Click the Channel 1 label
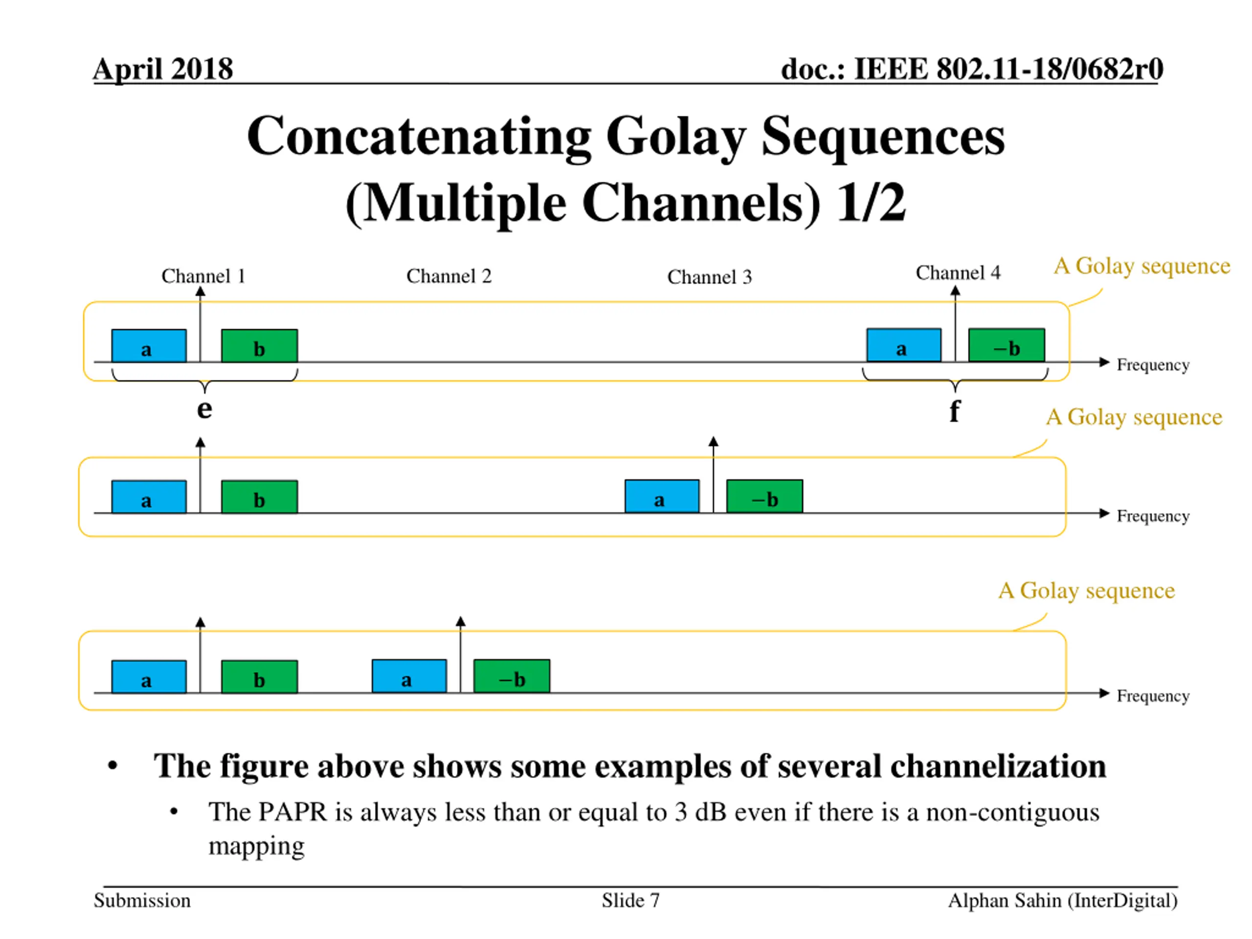203,276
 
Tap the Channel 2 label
449,276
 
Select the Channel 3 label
709,277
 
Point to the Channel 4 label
958,273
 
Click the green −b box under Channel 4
1006,345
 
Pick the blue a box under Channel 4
903,345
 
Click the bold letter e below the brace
204,409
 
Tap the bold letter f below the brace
954,411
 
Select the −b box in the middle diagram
764,496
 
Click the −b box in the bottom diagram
512,676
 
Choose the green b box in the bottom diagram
259,677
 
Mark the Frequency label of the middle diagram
1152,516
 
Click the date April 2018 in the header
163,69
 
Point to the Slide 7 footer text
630,900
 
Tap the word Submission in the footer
142,900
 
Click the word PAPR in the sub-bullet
292,812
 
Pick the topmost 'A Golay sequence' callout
1141,266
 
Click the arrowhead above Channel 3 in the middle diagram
713,442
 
